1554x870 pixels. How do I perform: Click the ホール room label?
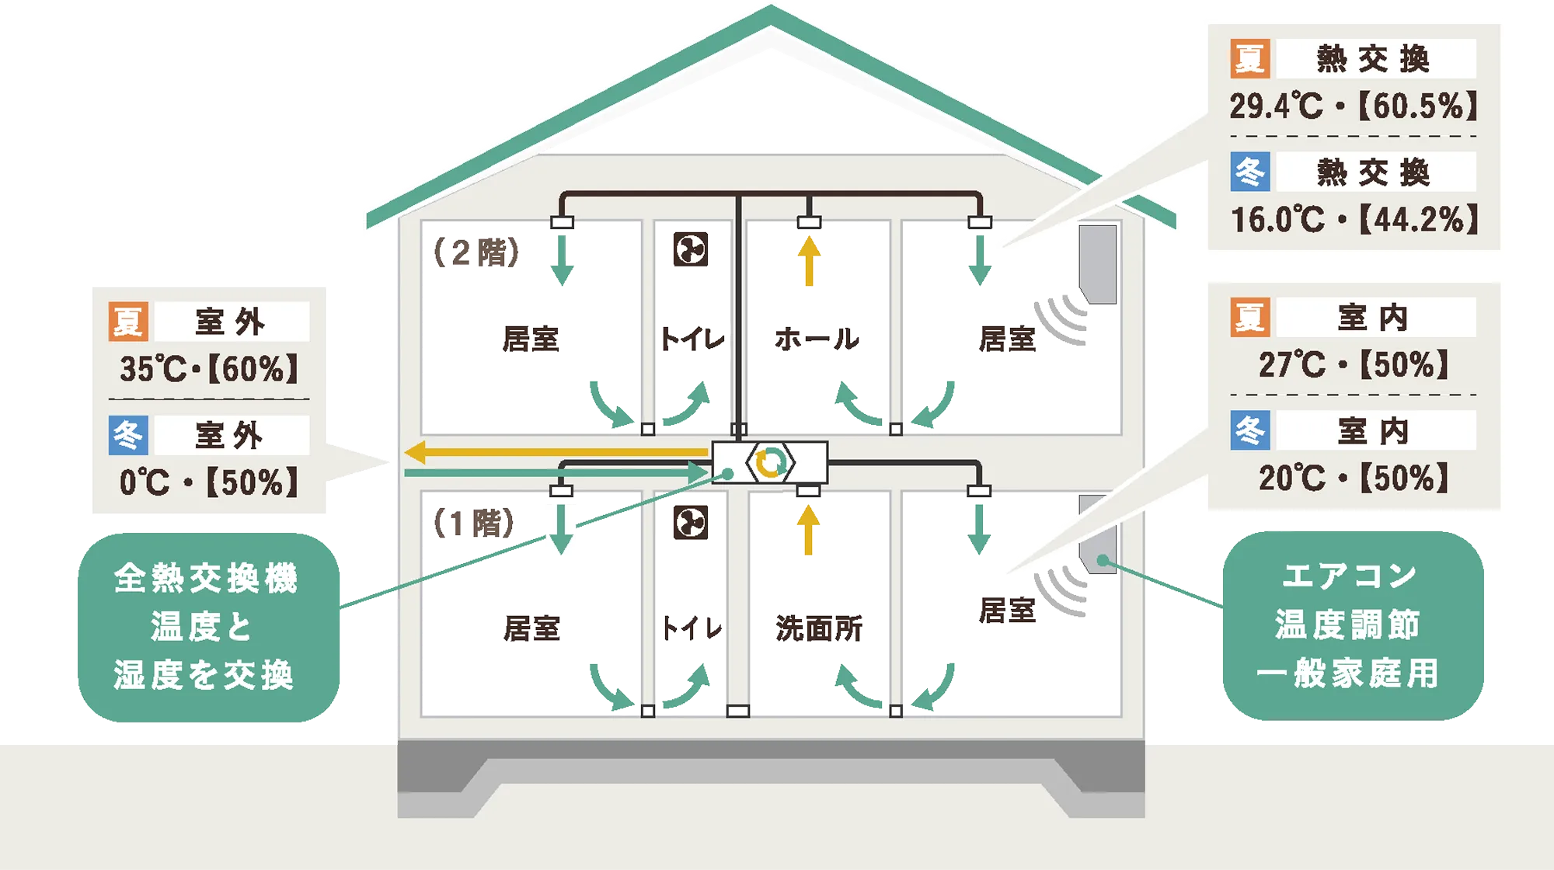(817, 339)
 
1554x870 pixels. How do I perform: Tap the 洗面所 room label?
(819, 628)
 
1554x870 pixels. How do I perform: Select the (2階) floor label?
(476, 252)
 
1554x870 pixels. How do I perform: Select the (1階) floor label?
(474, 523)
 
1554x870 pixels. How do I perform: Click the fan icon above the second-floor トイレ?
(691, 249)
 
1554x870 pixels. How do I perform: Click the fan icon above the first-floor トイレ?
(691, 523)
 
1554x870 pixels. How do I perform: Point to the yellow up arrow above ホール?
(809, 261)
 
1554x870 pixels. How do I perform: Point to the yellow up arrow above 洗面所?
(809, 530)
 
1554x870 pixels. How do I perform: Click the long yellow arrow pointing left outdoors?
(556, 451)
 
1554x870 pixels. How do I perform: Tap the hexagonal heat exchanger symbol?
(770, 463)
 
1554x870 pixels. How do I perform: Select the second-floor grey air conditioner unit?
(1098, 264)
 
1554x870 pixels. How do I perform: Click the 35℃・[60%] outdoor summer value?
(208, 369)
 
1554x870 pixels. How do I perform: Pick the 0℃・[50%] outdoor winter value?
(208, 482)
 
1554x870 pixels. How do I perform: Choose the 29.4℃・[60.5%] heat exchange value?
(1354, 106)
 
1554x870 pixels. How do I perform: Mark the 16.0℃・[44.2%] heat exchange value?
(1354, 220)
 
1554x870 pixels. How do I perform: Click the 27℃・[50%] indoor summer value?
(1354, 364)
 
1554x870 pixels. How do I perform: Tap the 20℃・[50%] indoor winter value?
(1354, 478)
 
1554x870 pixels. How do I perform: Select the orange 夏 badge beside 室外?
(128, 322)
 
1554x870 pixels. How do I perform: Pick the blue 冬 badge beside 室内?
(1250, 430)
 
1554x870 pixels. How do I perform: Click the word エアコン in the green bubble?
(1350, 576)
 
